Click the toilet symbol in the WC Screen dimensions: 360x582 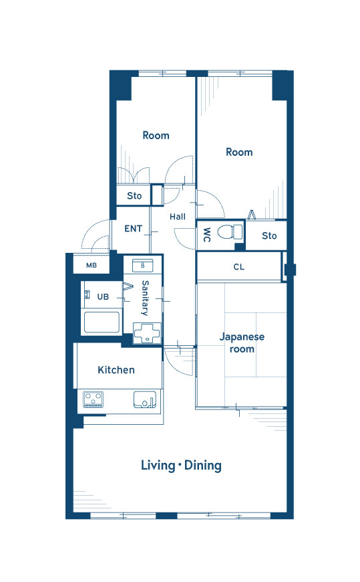230,232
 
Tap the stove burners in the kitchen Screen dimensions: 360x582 94,399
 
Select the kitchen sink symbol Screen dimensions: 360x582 145,399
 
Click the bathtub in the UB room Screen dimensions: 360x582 102,322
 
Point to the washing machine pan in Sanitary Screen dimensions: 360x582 147,332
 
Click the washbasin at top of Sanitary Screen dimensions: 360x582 143,266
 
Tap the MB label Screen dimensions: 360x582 92,266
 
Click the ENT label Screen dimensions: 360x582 133,229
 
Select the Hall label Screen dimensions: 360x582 178,217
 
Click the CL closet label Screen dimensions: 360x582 239,267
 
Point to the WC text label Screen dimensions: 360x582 207,235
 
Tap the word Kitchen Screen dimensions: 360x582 116,370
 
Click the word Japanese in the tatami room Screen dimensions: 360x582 242,337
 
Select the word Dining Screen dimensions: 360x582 203,466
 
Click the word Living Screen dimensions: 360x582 158,466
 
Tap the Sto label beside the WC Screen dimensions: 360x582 269,235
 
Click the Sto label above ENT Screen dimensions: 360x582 134,195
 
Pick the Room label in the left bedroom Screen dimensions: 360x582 156,136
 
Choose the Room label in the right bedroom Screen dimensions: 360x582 239,152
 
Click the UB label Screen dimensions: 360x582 103,297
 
